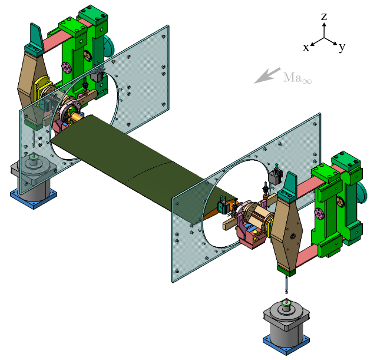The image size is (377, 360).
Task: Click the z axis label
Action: pyautogui.click(x=324, y=17)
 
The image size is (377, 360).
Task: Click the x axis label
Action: pyautogui.click(x=306, y=48)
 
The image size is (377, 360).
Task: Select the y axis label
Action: pyautogui.click(x=342, y=47)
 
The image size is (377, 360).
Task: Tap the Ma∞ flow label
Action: pyautogui.click(x=297, y=78)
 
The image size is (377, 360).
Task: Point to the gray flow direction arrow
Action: pyautogui.click(x=267, y=75)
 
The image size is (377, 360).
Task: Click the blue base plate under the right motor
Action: pyautogui.click(x=286, y=344)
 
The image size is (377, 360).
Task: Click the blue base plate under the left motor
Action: pyautogui.click(x=33, y=199)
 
